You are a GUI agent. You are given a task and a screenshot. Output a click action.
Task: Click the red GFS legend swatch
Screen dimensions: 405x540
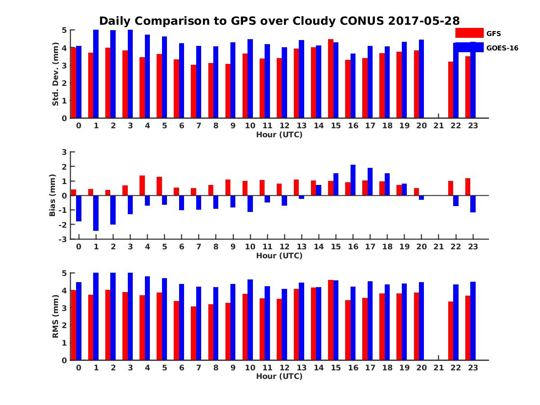[x=469, y=33]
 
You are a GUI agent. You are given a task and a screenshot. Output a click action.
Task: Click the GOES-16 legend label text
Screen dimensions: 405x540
[x=503, y=48]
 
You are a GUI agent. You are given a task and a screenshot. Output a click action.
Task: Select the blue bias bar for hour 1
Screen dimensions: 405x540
[x=96, y=213]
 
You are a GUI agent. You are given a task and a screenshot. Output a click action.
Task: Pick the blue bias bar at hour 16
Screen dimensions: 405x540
[x=353, y=180]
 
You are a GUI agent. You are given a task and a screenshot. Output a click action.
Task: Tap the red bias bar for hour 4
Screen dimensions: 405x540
[x=142, y=185]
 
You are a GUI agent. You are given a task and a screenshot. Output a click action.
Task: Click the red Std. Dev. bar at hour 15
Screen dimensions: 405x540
[x=331, y=79]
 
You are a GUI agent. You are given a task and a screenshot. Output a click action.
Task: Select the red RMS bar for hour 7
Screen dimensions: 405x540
[x=193, y=333]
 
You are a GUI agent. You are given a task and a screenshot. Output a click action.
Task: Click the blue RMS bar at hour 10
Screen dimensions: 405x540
[x=250, y=320]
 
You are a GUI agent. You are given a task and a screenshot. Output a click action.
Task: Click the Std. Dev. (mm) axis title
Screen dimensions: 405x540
[x=56, y=74]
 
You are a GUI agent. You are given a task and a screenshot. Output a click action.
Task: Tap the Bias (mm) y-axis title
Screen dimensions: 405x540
[x=53, y=195]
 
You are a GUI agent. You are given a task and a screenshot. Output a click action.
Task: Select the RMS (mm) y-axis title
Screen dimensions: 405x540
[x=56, y=317]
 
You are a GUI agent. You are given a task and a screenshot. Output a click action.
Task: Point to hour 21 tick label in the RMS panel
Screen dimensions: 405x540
[x=438, y=367]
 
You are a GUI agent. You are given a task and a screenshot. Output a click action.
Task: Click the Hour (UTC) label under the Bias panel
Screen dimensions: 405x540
[x=279, y=256]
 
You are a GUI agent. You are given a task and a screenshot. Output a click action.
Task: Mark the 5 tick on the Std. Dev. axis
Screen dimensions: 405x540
[x=65, y=30]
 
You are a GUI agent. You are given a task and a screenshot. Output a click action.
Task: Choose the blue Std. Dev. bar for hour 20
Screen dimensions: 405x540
[x=422, y=79]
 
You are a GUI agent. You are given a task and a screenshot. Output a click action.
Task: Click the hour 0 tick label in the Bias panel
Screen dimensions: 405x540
[x=79, y=247]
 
